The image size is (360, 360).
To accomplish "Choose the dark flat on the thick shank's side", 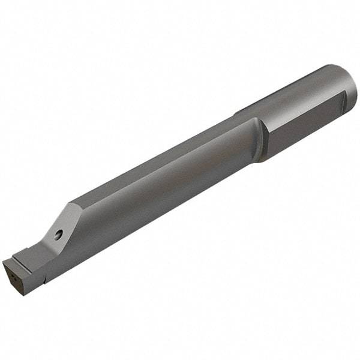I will [x=306, y=126].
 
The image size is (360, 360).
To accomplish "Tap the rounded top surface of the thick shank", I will [x=300, y=90].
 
